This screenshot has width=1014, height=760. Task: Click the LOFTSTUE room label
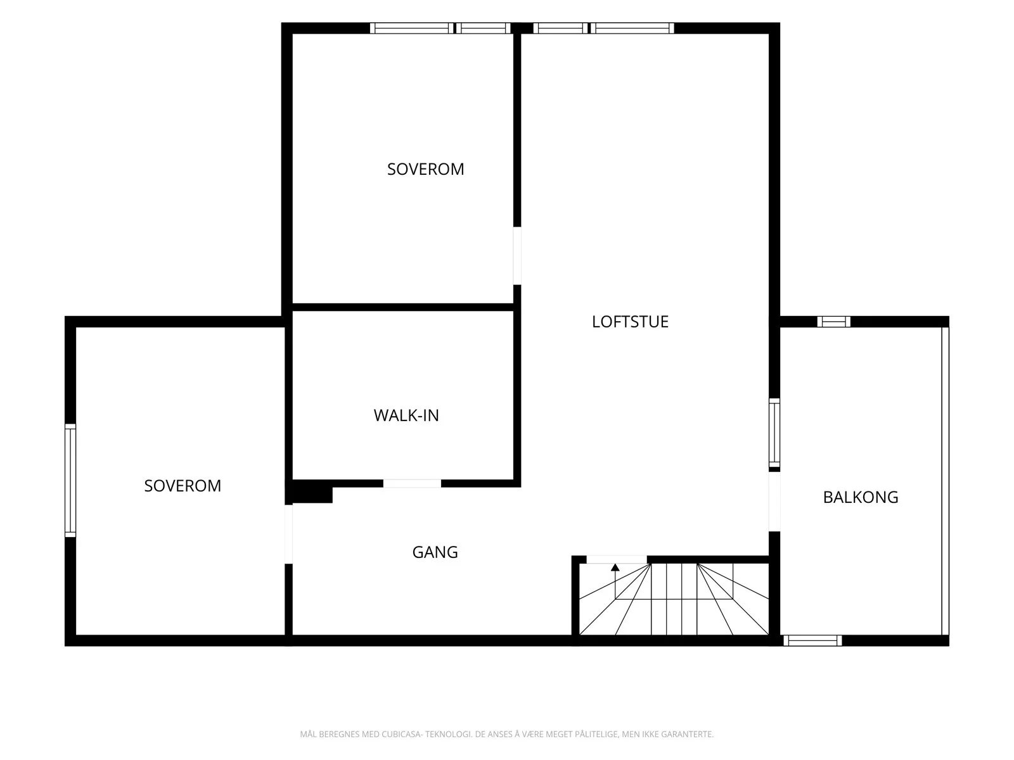point(630,322)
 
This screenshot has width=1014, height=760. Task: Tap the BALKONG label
point(861,497)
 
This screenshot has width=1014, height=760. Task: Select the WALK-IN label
point(406,415)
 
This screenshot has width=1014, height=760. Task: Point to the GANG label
point(435,552)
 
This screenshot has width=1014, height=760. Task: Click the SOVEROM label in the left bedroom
point(183,485)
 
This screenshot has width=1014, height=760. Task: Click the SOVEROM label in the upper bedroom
point(425,169)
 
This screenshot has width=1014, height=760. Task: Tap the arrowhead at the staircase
point(615,567)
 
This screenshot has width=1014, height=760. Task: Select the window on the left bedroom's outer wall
point(70,480)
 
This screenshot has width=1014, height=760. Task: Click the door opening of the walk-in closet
point(412,483)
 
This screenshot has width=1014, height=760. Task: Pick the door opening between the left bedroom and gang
point(289,534)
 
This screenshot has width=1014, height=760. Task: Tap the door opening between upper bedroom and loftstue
point(517,256)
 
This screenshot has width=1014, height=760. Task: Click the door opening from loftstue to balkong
point(774,502)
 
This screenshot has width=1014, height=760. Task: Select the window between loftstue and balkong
point(774,433)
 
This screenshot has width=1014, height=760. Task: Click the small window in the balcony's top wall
point(834,322)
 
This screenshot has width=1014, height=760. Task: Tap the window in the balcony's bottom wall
point(812,640)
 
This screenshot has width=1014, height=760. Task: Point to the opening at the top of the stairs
point(617,559)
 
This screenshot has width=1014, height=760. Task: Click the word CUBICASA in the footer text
point(401,734)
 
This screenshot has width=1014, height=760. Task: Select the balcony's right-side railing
point(945,481)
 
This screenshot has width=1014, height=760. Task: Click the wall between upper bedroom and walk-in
point(403,307)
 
